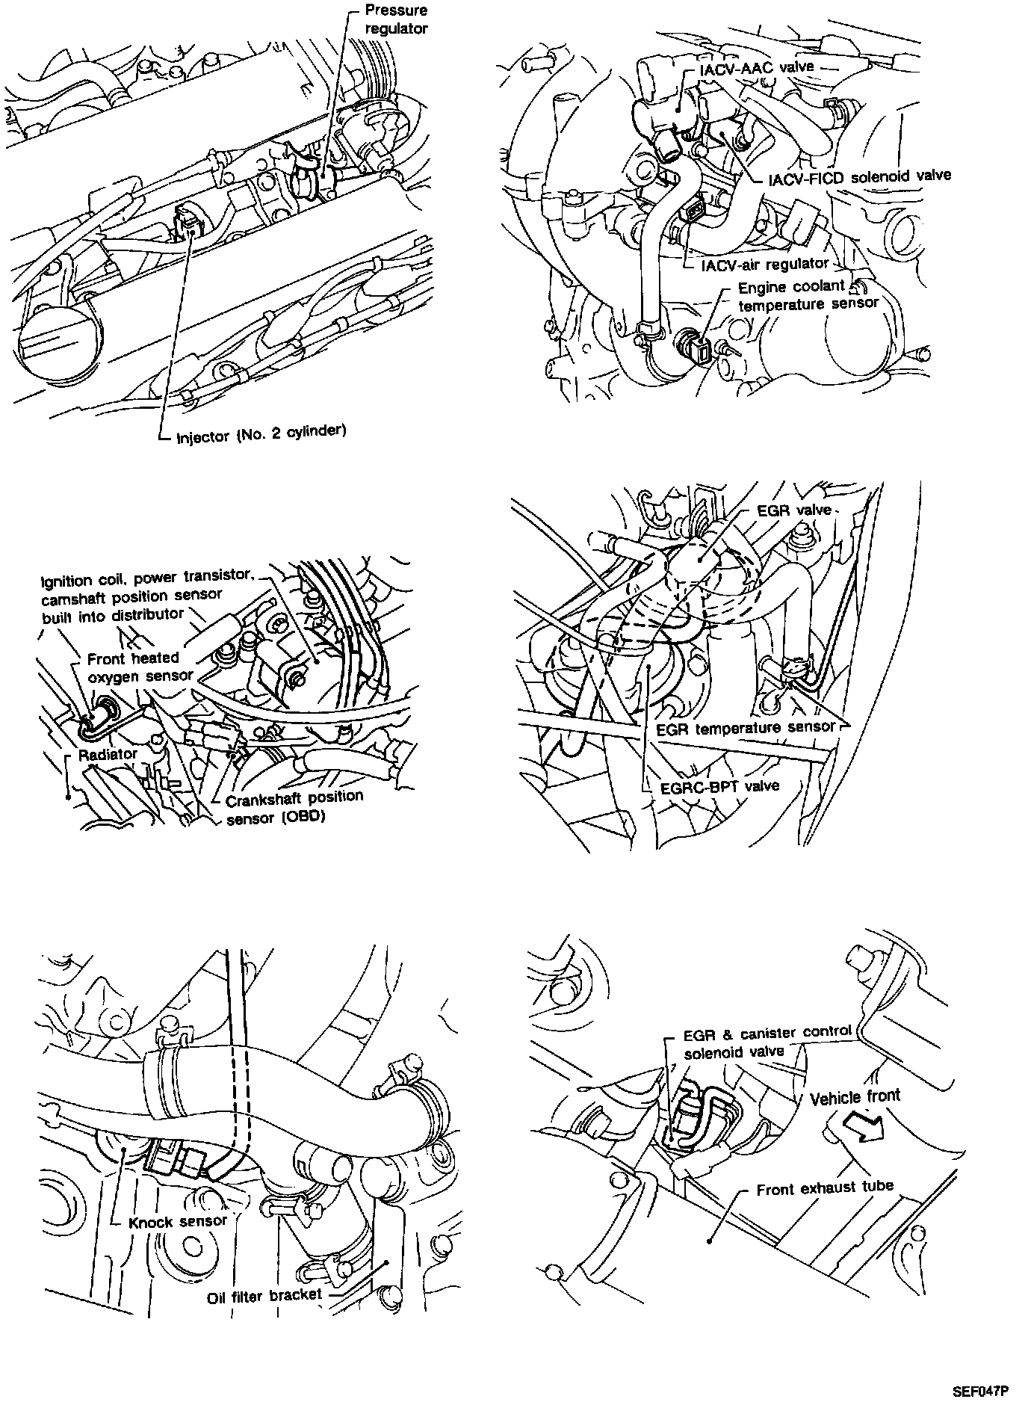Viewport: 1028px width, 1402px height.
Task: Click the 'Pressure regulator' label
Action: (396, 20)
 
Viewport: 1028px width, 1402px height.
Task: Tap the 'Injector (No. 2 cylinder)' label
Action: (261, 434)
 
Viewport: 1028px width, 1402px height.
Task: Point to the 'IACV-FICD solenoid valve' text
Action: (860, 176)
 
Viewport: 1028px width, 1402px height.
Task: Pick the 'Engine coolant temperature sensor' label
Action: (807, 296)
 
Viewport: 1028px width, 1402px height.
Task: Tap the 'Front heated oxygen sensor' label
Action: (134, 667)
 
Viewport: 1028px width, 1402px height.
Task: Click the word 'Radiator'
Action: (108, 754)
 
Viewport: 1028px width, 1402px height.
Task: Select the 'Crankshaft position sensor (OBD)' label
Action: (294, 807)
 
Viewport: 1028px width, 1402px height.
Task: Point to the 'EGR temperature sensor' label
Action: (745, 727)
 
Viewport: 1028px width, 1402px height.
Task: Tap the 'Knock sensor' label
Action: (178, 1221)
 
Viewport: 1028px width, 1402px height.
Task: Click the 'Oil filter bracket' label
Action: (264, 1294)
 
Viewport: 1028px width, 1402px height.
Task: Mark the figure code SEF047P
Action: (976, 1391)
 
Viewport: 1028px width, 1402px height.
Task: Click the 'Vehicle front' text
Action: (855, 1097)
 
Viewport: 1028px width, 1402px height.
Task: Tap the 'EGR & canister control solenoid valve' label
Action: (767, 1042)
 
